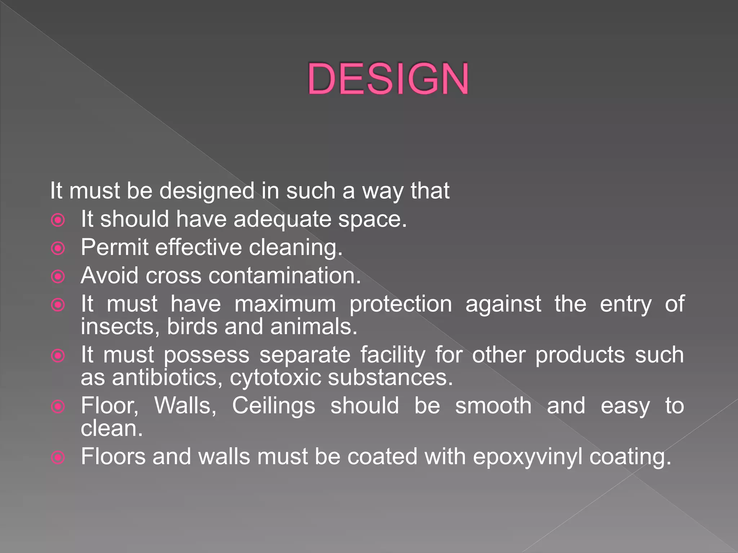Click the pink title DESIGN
coord(388,79)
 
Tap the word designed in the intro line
coord(207,191)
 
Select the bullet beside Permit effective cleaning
coord(58,248)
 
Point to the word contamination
coord(284,276)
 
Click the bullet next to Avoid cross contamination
coord(58,276)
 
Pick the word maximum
coord(285,304)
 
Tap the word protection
coord(401,304)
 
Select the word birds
coord(192,327)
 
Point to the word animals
coord(314,327)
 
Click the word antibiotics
coord(167,378)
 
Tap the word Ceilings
coord(274,406)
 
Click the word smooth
coord(493,406)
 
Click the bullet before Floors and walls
coord(58,458)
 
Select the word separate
coord(305,355)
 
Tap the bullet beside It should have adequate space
coord(58,220)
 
